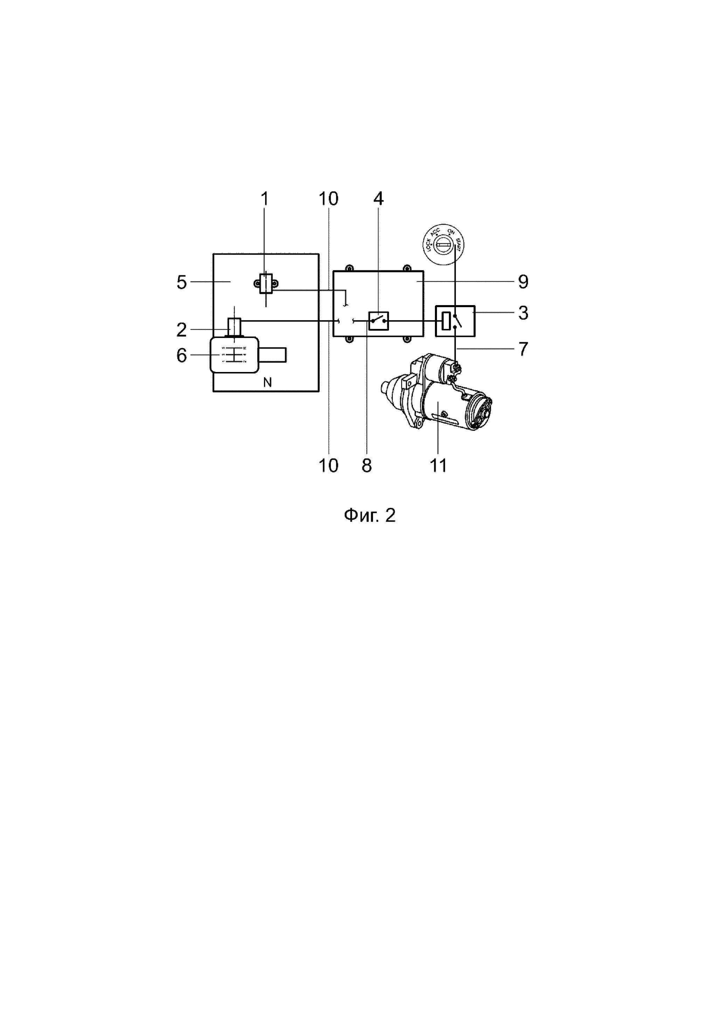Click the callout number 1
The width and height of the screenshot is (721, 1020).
coord(265,199)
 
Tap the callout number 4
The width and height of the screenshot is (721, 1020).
coord(378,199)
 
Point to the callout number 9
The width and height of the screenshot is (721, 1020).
coord(523,282)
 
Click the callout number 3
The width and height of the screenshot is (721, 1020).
coord(523,313)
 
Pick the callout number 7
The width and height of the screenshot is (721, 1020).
coord(523,349)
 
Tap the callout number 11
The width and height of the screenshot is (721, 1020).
coord(438,466)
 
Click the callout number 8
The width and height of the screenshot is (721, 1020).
coord(367,466)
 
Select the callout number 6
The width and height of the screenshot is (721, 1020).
coord(182,356)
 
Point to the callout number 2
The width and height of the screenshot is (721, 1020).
coord(182,330)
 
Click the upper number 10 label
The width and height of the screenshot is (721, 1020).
coord(328,199)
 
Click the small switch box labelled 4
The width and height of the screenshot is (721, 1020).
coord(379,321)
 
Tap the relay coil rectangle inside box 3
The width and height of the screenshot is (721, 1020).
coord(446,321)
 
